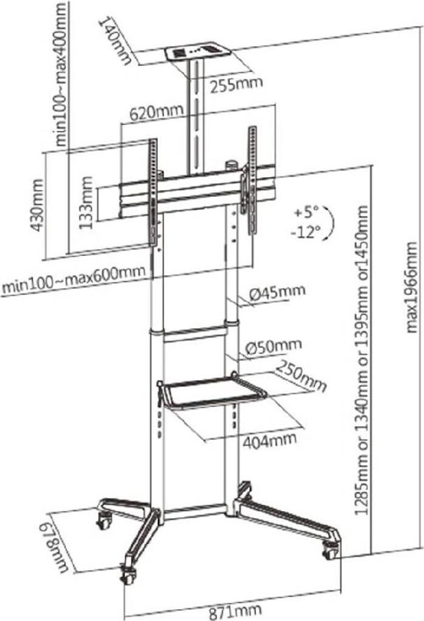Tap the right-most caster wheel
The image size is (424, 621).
tap(330, 552)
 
